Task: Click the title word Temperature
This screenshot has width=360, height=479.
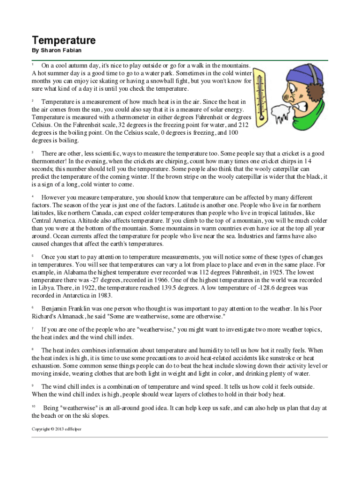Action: coord(64,40)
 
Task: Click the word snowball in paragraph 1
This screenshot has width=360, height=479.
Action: coord(186,80)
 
